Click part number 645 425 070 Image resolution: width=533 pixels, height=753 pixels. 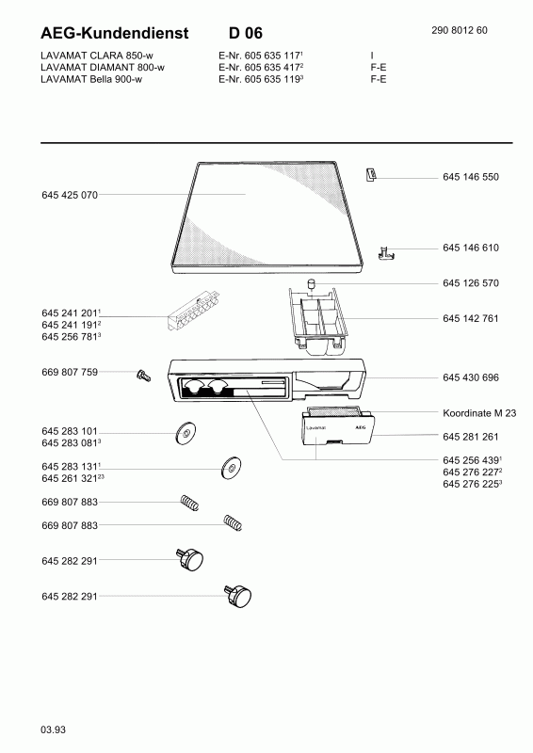(x=70, y=195)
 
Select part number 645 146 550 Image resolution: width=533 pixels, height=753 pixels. (x=471, y=177)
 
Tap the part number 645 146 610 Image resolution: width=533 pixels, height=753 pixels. (x=471, y=248)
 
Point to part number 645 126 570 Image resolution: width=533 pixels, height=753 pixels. (x=471, y=283)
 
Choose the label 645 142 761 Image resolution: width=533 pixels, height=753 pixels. (x=471, y=318)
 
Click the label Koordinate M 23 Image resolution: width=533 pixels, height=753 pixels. (x=479, y=413)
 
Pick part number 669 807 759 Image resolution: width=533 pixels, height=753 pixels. (x=70, y=372)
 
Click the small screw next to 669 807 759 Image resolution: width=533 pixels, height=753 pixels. (x=143, y=375)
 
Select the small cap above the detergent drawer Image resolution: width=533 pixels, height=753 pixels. (x=312, y=283)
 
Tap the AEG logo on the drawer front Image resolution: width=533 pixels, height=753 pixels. (x=360, y=427)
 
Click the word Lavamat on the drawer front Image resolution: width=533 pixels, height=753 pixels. (x=315, y=427)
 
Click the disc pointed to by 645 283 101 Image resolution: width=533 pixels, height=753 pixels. (x=186, y=433)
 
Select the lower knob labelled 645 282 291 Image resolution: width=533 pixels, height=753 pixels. (x=238, y=596)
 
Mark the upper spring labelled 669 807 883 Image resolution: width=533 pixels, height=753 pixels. (x=189, y=503)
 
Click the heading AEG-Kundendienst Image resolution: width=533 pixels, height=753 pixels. (x=114, y=33)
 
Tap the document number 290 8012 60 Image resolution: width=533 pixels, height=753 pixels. (x=460, y=30)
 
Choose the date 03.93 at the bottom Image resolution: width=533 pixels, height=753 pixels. (x=54, y=730)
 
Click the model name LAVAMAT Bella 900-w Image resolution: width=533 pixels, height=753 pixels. (x=91, y=79)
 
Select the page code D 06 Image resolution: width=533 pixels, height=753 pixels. (x=246, y=33)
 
